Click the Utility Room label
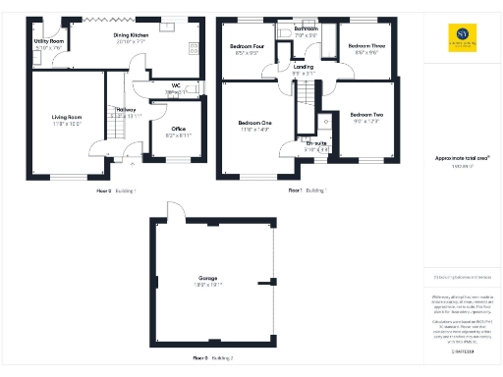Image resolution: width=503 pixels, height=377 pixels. click(x=48, y=40)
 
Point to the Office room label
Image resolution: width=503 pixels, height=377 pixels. click(x=178, y=130)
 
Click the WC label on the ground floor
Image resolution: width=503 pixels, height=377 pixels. click(x=177, y=86)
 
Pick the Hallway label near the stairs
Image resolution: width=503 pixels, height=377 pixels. click(x=125, y=109)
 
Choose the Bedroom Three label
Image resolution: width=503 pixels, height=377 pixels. click(x=364, y=46)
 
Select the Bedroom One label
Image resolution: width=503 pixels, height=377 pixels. click(x=254, y=123)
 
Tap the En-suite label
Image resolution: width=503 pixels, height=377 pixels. click(x=316, y=144)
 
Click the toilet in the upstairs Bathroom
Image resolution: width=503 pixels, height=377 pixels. click(x=285, y=32)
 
